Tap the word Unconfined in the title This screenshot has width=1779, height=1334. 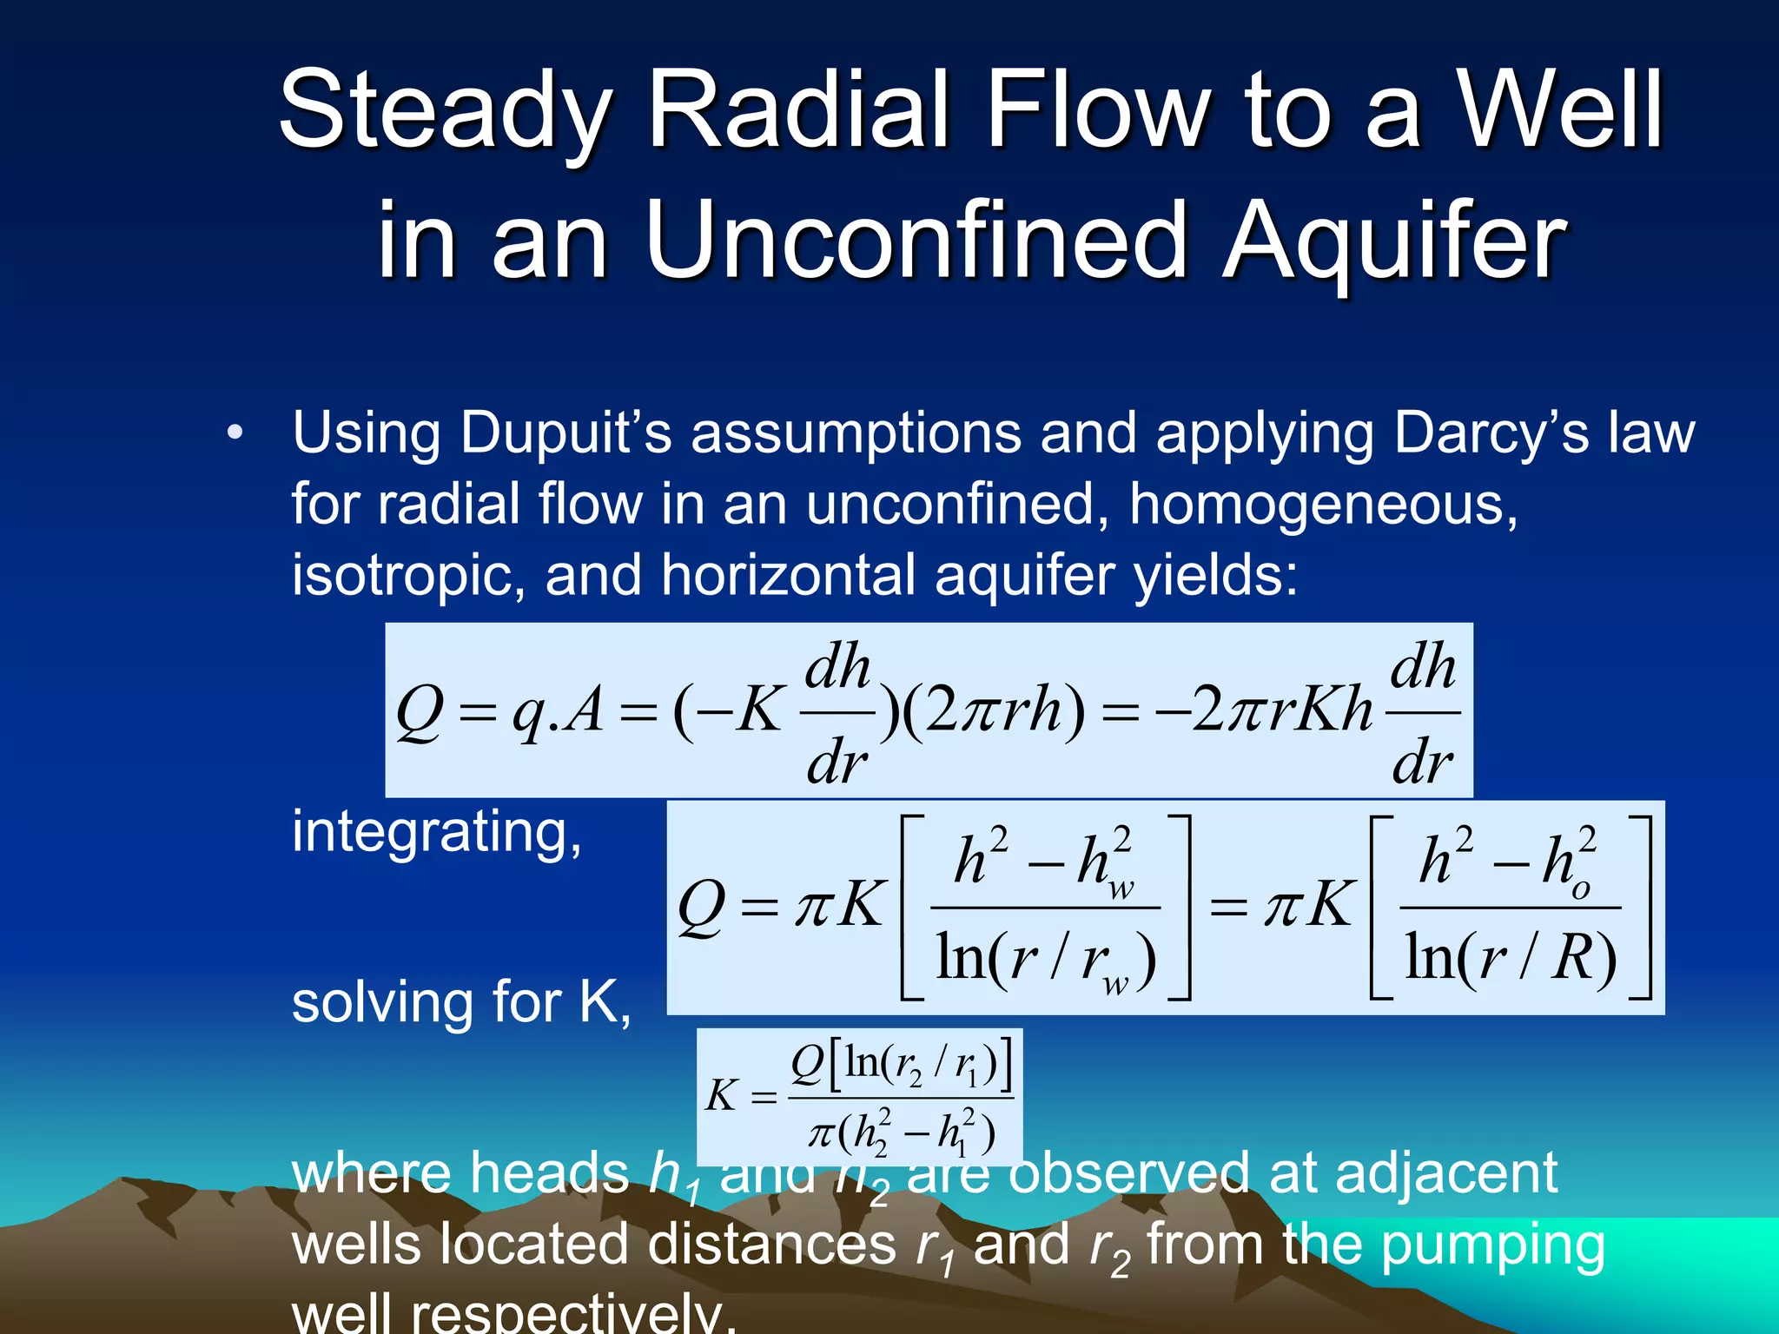tap(916, 241)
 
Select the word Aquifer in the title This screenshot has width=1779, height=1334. tap(1394, 241)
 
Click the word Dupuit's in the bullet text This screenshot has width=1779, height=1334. tap(565, 433)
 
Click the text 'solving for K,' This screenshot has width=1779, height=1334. tap(461, 1003)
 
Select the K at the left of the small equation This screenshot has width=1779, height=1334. tap(721, 1096)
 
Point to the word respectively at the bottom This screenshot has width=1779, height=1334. tap(573, 1313)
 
